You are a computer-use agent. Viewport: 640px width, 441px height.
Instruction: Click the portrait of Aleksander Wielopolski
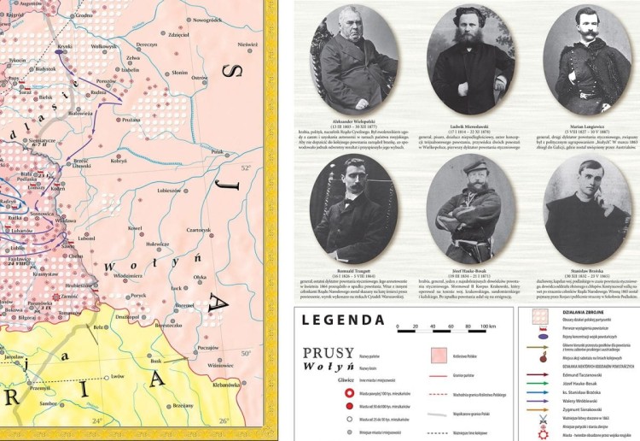(352, 57)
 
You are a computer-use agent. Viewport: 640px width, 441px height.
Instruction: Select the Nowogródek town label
(207, 19)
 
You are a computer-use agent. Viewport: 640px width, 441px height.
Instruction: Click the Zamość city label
(71, 296)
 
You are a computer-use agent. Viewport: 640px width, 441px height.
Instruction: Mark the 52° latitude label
(246, 168)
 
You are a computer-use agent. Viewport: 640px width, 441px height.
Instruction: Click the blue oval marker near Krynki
(60, 51)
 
